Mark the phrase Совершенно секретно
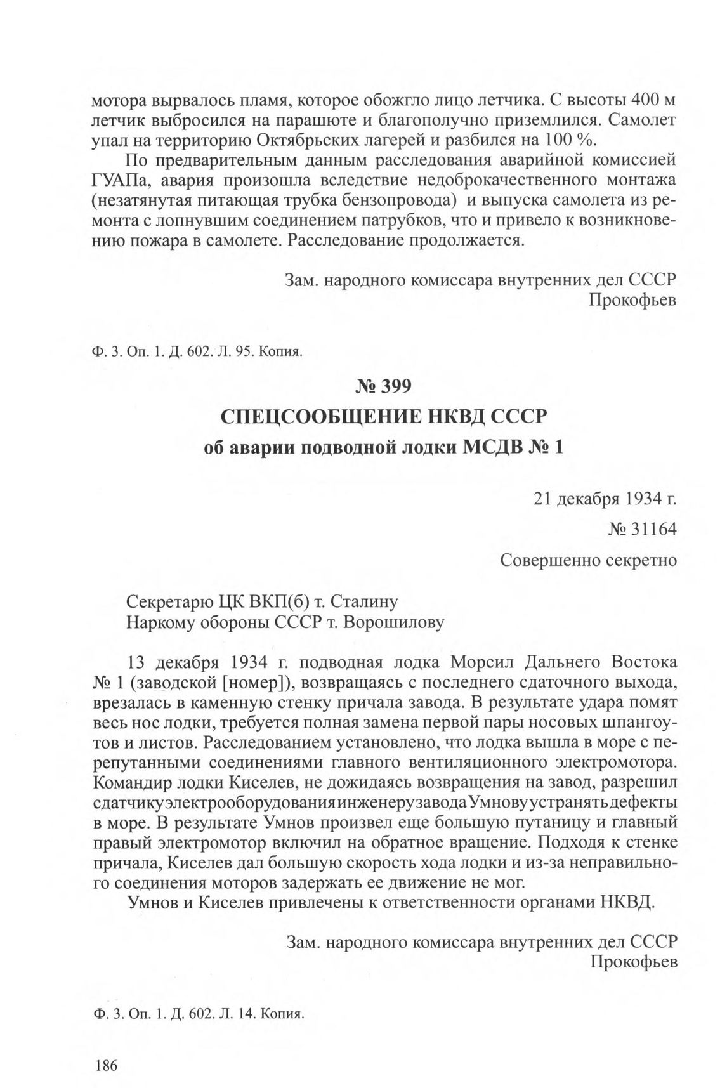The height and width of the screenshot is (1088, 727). coord(588,560)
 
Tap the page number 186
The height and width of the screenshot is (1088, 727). coord(105,1065)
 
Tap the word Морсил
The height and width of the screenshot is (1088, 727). coord(481,662)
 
